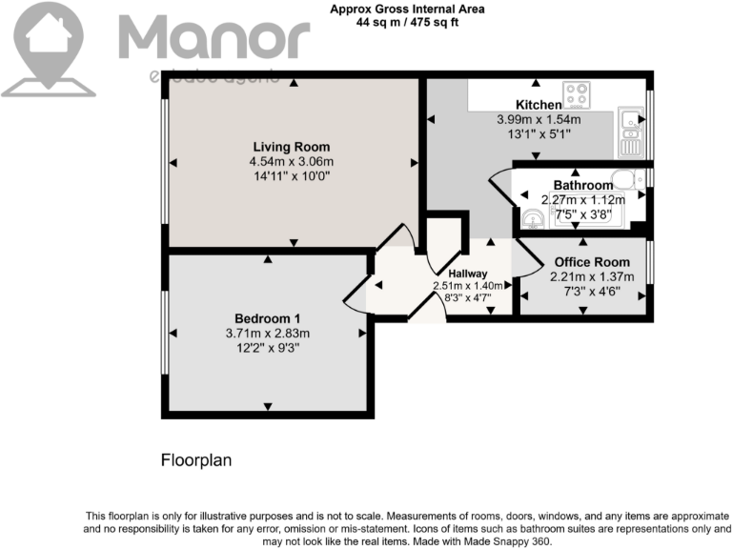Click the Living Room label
tap(291, 147)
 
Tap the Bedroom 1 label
tap(268, 318)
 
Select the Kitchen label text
tap(538, 105)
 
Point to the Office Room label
tap(585, 262)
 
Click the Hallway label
tap(468, 274)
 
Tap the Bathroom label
tap(582, 185)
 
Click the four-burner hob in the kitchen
tap(577, 94)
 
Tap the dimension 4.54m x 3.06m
tap(291, 162)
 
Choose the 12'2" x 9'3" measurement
tap(268, 348)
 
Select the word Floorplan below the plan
tap(195, 460)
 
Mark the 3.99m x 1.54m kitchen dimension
tap(539, 120)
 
